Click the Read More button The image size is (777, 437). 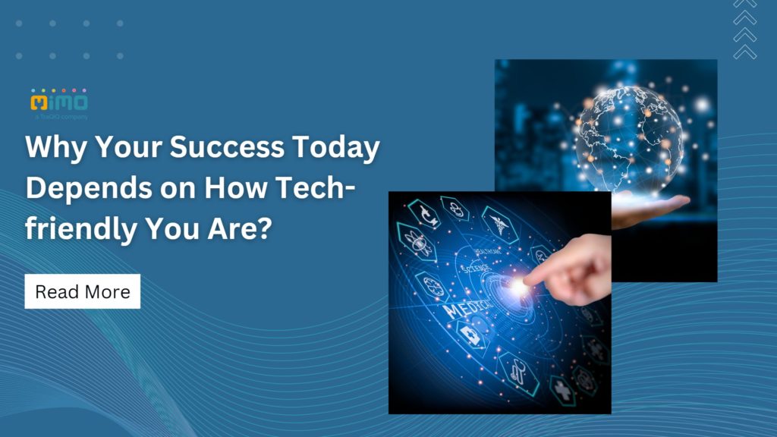coord(82,291)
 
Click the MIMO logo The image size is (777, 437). coord(59,102)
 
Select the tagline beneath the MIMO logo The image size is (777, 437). coord(61,118)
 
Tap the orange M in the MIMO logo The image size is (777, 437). coord(39,102)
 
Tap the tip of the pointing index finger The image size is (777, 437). coord(526,282)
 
